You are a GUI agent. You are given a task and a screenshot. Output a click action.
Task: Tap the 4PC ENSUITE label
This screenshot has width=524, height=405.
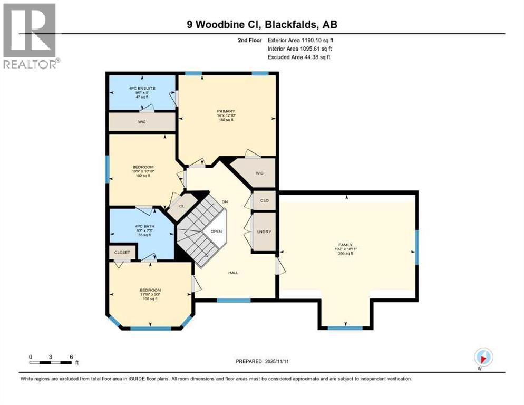pos(141,87)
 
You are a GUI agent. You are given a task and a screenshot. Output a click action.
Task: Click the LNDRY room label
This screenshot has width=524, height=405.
pos(264,232)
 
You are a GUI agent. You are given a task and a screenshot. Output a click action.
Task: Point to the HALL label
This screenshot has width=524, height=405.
pos(233,273)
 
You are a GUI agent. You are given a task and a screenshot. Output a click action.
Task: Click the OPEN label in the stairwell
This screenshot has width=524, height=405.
pos(216,232)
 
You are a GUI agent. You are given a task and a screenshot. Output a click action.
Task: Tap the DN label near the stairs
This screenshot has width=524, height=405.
pos(225,202)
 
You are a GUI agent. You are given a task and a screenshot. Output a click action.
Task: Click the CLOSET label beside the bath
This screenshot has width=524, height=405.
pos(122,253)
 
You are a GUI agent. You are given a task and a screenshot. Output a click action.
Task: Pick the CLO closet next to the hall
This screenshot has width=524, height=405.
pos(265,200)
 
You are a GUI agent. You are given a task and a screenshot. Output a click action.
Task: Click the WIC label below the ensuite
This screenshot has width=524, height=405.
pos(142,122)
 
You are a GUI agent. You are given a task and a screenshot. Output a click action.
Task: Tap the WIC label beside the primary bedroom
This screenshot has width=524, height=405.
pos(259,173)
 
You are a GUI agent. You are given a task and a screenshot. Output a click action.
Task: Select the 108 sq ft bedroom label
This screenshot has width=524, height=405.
pos(150,291)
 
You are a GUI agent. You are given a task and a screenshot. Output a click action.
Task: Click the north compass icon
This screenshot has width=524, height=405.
pos(483,357)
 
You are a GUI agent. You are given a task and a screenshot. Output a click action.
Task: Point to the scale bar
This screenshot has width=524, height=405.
pos(51,362)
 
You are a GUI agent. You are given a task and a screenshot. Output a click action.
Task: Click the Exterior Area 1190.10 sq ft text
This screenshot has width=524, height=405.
pos(300,40)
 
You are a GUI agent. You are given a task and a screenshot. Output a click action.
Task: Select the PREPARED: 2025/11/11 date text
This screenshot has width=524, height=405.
pos(262,361)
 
